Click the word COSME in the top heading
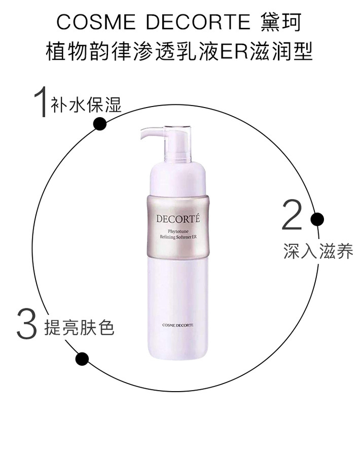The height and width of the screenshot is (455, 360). [96, 22]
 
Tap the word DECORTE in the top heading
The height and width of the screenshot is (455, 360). [198, 22]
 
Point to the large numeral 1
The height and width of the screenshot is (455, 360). [41, 101]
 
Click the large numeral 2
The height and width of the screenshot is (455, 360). [292, 215]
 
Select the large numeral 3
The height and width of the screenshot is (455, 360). [27, 324]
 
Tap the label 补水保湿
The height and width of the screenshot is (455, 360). [86, 104]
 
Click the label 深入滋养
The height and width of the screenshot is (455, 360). [318, 251]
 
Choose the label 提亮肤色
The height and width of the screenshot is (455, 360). [79, 328]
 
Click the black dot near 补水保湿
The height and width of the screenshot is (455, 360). [100, 124]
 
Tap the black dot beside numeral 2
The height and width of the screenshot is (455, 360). [317, 219]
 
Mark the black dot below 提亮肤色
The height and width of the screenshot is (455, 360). [82, 359]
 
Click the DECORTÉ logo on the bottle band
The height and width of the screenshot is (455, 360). [178, 218]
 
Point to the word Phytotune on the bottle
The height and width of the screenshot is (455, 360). [178, 231]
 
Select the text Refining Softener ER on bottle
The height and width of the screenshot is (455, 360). [178, 237]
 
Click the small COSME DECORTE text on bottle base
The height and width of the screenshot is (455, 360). [178, 325]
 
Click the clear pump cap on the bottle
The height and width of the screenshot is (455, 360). [177, 144]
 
